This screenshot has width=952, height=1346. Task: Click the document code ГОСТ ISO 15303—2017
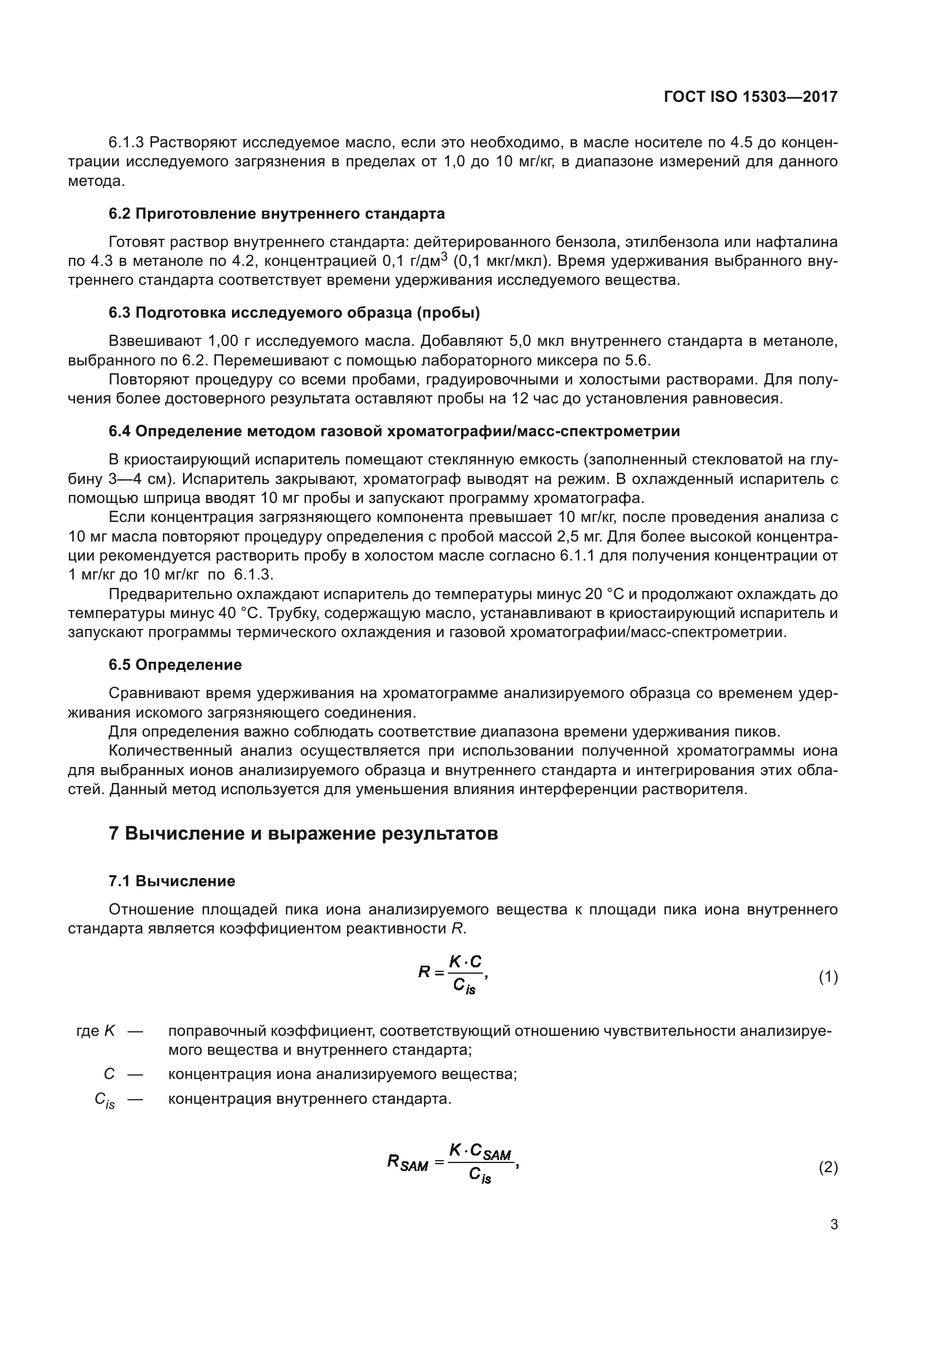pos(751,97)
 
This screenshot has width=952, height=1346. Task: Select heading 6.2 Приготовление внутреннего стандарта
pos(277,213)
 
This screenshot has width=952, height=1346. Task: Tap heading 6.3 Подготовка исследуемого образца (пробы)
pos(294,312)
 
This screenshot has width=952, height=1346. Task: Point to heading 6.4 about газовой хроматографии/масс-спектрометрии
pos(394,431)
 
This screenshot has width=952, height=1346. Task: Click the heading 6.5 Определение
pos(176,664)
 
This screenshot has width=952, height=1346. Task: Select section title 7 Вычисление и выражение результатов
pos(303,833)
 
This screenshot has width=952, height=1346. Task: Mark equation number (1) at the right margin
pos(828,977)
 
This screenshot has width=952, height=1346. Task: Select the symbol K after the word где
pos(109,1031)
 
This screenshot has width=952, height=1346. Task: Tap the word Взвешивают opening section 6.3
pos(154,341)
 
